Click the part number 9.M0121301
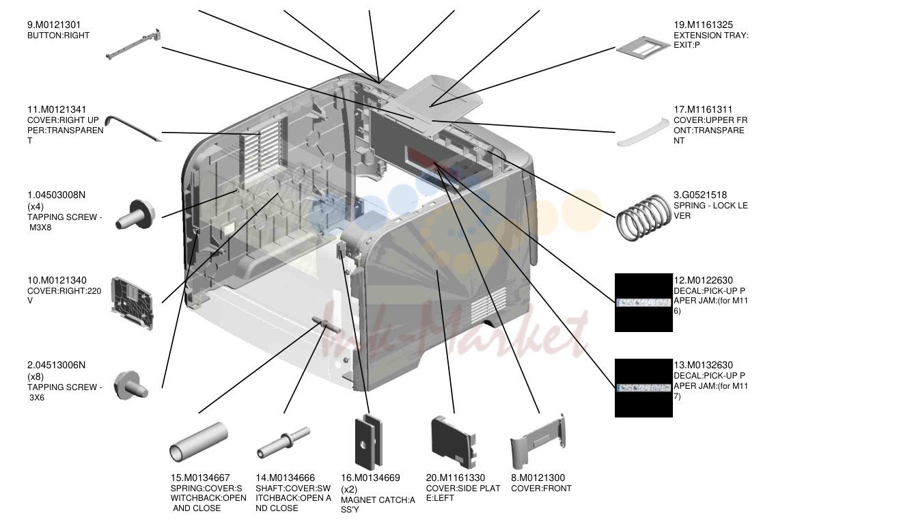[54, 25]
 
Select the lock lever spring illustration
[643, 217]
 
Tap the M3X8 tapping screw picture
[135, 215]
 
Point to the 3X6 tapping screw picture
[130, 385]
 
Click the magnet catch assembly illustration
[369, 441]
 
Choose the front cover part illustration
[538, 443]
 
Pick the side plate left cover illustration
[454, 442]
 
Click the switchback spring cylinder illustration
[199, 442]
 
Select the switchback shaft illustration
[283, 443]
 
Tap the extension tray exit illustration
[643, 48]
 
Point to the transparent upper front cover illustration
[643, 132]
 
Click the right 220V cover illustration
[132, 303]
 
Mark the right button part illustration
[134, 44]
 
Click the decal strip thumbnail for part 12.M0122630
[643, 303]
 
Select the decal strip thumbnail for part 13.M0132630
[643, 387]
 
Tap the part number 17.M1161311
[703, 110]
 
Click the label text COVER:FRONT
[541, 489]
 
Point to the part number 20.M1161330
[456, 478]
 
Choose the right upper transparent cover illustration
[133, 128]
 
